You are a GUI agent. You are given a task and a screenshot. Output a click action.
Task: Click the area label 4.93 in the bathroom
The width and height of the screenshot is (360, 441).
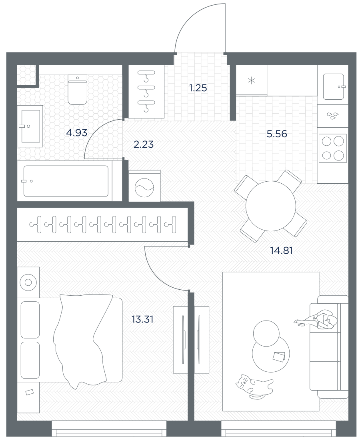[77, 132]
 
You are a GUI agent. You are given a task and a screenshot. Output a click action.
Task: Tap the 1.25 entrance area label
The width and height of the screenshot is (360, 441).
[198, 88]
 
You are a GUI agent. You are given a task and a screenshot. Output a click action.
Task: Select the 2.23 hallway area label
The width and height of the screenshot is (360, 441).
[143, 144]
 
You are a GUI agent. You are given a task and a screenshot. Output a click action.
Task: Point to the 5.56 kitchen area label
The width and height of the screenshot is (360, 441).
[277, 134]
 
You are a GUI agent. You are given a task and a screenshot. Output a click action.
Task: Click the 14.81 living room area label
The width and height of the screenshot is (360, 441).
[281, 250]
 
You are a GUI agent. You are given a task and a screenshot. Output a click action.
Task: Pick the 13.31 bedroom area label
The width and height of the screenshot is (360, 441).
[142, 319]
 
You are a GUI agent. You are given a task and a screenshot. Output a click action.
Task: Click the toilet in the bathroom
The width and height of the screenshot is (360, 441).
[78, 90]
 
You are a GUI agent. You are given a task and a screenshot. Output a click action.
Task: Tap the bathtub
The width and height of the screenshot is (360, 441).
[66, 181]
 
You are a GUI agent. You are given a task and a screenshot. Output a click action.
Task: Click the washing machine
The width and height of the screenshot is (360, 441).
[144, 186]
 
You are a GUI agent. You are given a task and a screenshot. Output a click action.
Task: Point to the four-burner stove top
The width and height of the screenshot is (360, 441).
[333, 148]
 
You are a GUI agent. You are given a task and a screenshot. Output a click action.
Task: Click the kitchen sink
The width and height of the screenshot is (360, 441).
[334, 86]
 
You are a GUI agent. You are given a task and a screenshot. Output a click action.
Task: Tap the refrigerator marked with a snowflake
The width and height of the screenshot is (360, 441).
[251, 81]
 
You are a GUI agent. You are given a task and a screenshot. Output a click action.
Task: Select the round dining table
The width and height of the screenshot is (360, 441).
[271, 206]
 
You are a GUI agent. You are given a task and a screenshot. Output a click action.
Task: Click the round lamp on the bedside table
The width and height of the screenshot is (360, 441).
[28, 282]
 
